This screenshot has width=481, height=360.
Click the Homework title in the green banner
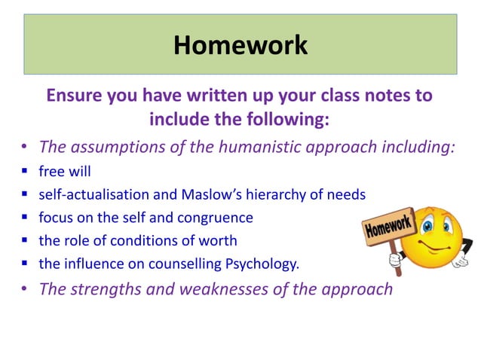point(240,45)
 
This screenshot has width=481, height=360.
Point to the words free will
point(65,171)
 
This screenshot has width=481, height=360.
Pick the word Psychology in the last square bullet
point(260,264)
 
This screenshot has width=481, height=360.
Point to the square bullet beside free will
point(26,172)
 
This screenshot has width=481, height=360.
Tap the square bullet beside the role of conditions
point(26,241)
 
